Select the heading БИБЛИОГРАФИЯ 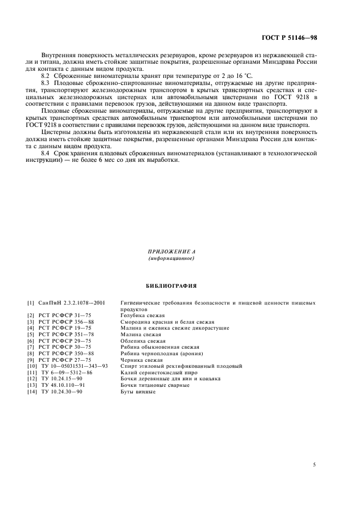[172, 285]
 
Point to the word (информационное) [172, 258]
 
